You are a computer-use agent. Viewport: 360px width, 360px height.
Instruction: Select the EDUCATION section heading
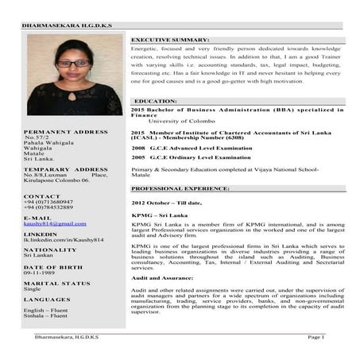click(156, 102)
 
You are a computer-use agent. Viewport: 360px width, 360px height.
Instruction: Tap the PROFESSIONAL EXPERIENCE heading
click(180, 188)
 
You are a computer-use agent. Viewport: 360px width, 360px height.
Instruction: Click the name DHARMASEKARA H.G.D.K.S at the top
click(68, 25)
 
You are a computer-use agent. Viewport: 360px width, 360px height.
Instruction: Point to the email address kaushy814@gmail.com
click(55, 224)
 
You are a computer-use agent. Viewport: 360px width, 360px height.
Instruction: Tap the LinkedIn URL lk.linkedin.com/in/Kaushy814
click(64, 239)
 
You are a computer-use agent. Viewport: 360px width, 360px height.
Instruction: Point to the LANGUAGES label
click(47, 299)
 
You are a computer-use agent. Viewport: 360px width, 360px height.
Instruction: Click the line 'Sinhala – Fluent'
click(46, 315)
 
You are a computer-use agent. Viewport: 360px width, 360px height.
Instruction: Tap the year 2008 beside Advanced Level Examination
click(138, 148)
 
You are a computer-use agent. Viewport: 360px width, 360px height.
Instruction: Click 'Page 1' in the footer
click(316, 337)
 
